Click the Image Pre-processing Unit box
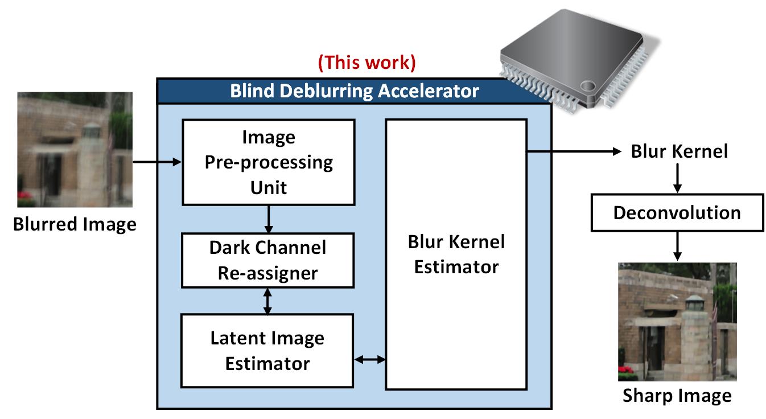pyautogui.click(x=268, y=162)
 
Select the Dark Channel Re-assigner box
pyautogui.click(x=267, y=260)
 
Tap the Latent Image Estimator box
pyautogui.click(x=267, y=350)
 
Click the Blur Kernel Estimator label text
pyautogui.click(x=456, y=254)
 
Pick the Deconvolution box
pyautogui.click(x=677, y=212)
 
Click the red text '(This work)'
pyautogui.click(x=366, y=62)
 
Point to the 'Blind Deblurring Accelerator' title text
pyautogui.click(x=354, y=91)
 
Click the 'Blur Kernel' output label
pyautogui.click(x=679, y=151)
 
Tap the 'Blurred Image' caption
pyautogui.click(x=75, y=224)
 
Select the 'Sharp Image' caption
pyautogui.click(x=677, y=395)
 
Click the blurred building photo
pyautogui.click(x=75, y=150)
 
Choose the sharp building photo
pyautogui.click(x=677, y=322)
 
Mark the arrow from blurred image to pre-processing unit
pyautogui.click(x=157, y=162)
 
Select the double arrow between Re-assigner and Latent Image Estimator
pyautogui.click(x=268, y=301)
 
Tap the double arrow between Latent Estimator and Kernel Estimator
pyautogui.click(x=370, y=359)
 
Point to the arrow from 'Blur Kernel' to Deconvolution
pyautogui.click(x=677, y=178)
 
